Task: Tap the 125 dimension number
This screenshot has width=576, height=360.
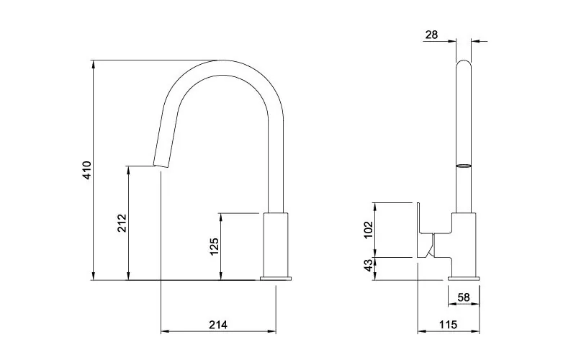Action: click(214, 246)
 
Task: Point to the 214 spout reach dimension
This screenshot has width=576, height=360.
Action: click(218, 325)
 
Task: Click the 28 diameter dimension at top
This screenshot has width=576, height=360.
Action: click(432, 34)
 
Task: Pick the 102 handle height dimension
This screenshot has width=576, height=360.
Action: click(369, 230)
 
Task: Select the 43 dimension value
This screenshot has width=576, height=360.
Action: click(369, 267)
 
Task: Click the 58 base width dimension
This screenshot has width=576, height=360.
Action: click(464, 297)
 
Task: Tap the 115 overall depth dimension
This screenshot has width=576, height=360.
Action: click(448, 325)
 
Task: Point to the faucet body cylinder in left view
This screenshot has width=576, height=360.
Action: click(276, 245)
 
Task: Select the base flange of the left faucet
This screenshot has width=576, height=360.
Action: click(276, 278)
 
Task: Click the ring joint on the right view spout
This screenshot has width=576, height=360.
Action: click(464, 166)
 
